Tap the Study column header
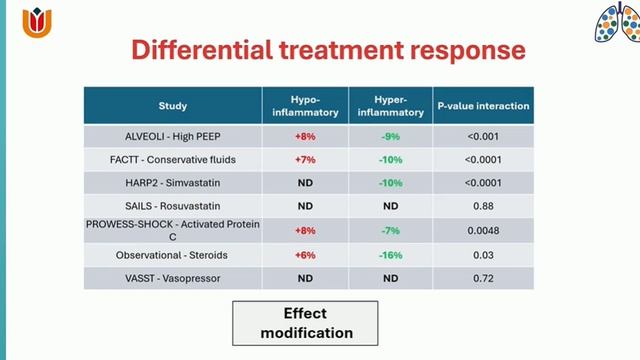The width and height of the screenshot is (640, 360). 172,105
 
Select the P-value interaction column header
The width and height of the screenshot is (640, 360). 483,105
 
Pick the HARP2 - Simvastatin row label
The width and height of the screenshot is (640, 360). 172,182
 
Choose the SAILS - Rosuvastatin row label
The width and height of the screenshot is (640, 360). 172,206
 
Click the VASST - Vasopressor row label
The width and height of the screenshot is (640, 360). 172,277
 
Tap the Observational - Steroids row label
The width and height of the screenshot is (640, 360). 172,254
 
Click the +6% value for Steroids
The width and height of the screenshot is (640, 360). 305,254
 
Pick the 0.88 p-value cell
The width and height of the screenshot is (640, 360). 483,206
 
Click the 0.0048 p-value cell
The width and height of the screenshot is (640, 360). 483,230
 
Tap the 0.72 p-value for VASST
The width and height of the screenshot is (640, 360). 483,277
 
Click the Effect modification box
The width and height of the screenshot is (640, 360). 291,321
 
